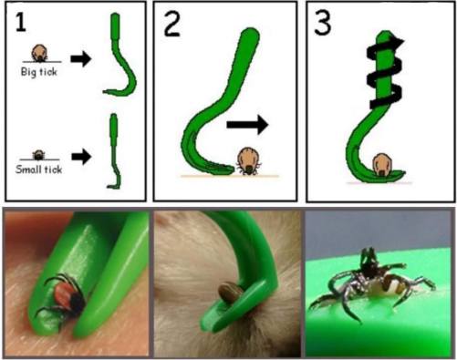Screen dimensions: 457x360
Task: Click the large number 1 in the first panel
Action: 21,22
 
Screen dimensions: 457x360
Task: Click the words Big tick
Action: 39,72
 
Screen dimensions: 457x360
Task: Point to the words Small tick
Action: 39,169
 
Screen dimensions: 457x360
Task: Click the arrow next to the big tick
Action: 81,58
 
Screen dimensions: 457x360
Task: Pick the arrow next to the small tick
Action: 81,157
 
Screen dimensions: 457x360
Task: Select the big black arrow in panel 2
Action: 247,125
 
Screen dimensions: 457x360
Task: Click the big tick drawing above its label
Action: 39,53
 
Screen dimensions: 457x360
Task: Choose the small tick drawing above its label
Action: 38,155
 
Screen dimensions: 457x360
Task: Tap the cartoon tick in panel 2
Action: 248,161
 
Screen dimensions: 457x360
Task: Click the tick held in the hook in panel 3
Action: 380,165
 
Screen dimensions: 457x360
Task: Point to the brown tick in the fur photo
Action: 231,293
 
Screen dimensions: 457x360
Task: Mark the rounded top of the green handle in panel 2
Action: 250,34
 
